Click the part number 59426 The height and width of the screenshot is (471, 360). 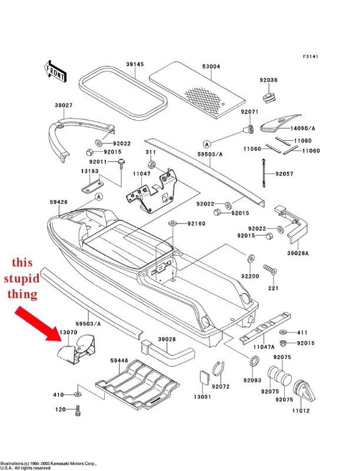[x=59, y=202]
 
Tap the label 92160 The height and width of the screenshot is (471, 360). [x=196, y=224]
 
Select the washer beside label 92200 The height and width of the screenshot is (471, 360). [x=250, y=259]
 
